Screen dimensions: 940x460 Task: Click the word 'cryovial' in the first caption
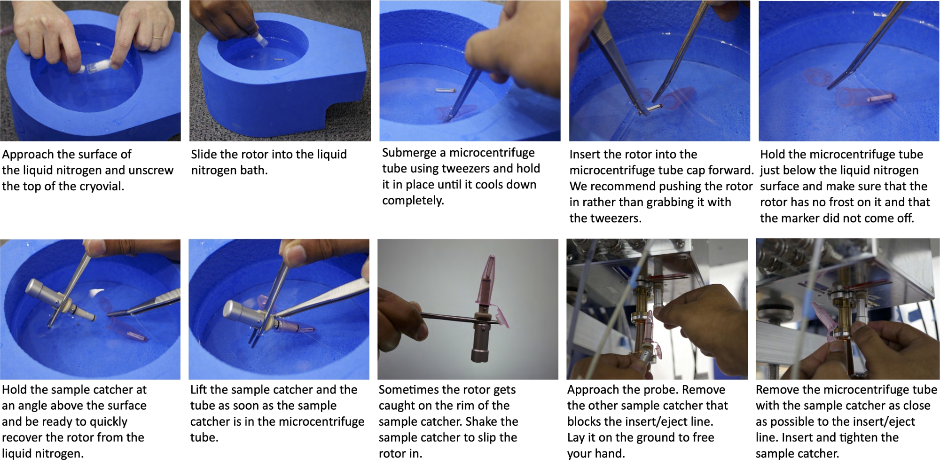pyautogui.click(x=102, y=187)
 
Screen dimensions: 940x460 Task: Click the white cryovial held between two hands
pyautogui.click(x=97, y=67)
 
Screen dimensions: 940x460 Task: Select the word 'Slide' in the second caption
pyautogui.click(x=204, y=154)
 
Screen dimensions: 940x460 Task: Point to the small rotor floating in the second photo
pyautogui.click(x=277, y=60)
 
